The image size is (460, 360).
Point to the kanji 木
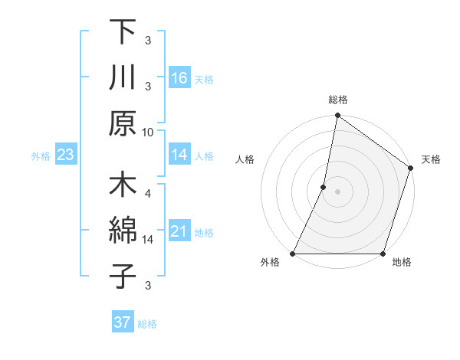[x=123, y=186]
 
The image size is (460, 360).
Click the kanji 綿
[x=123, y=231]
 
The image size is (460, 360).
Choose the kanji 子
[x=123, y=277]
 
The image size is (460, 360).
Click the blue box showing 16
[x=179, y=77]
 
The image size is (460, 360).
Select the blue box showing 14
[x=179, y=155]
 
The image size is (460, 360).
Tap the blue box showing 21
[x=179, y=231]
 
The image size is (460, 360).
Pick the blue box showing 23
[x=65, y=155]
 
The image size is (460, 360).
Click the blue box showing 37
[x=122, y=322]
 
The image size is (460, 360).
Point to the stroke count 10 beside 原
[x=148, y=132]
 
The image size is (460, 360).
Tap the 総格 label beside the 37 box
[x=147, y=324]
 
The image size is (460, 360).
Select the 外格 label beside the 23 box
[x=41, y=156]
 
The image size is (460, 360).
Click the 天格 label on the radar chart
[x=431, y=159]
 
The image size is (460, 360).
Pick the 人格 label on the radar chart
[x=245, y=159]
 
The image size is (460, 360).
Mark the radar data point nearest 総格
[x=337, y=116]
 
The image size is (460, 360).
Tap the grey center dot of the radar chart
[x=337, y=192]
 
